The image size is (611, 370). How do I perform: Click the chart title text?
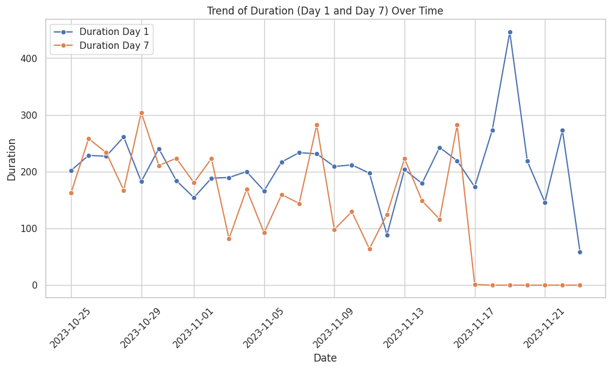click(x=325, y=11)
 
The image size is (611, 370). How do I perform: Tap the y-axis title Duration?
click(x=11, y=159)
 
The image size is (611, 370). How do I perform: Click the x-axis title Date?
click(x=325, y=358)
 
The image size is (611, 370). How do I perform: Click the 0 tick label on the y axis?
click(x=34, y=285)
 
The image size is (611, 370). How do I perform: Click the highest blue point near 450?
click(x=510, y=32)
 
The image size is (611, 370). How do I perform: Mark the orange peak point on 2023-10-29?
click(x=141, y=113)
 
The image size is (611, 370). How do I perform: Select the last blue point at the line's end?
click(x=580, y=252)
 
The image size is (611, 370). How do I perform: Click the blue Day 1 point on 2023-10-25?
click(x=71, y=171)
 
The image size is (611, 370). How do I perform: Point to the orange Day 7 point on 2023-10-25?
click(x=71, y=193)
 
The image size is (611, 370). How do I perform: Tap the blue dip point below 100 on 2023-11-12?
click(x=387, y=235)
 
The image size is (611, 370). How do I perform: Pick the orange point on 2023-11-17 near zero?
click(x=475, y=284)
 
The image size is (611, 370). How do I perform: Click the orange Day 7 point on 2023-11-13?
click(x=405, y=158)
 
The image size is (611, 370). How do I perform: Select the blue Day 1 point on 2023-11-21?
click(x=545, y=202)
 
